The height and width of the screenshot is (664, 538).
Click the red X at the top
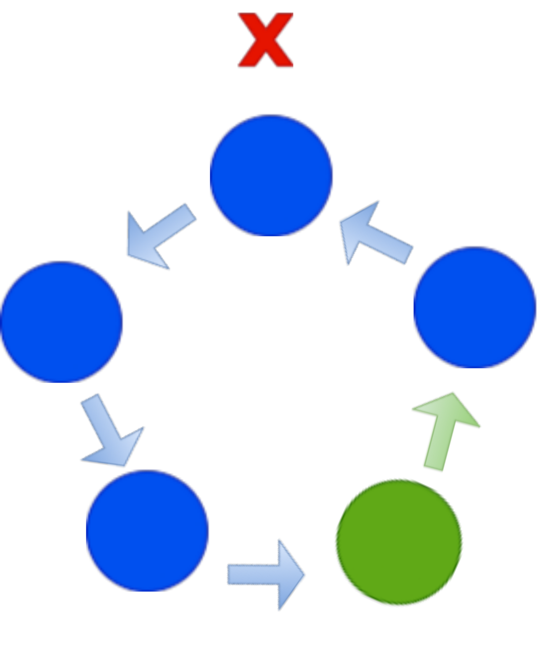coord(265,40)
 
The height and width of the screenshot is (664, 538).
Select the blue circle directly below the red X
coord(272,175)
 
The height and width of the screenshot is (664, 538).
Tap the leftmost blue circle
coord(62,322)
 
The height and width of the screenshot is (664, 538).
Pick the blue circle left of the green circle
coord(148,530)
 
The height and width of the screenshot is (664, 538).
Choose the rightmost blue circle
coord(475,307)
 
